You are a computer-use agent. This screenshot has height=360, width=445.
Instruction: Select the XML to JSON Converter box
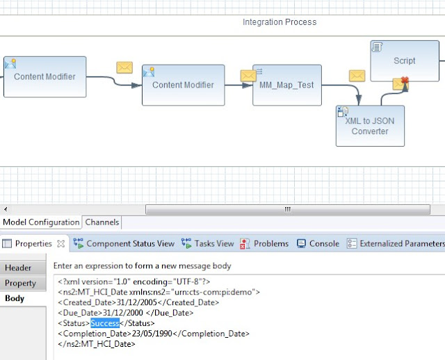(369, 126)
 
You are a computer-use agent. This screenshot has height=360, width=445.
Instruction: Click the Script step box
(404, 60)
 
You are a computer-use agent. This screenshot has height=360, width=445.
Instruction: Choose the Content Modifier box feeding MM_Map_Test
(183, 85)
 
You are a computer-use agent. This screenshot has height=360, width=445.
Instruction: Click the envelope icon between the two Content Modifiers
(124, 67)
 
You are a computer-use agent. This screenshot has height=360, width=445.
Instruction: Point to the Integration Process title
(279, 22)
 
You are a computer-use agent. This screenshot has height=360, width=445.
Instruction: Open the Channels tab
(102, 222)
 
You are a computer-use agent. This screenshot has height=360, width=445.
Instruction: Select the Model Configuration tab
(41, 222)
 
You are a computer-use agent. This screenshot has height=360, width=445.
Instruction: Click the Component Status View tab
(124, 243)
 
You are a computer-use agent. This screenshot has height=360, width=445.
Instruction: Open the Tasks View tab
(208, 243)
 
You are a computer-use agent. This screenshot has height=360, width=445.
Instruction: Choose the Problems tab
(264, 243)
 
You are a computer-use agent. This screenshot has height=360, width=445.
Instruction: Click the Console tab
(318, 243)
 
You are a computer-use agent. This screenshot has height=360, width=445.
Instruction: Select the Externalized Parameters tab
(396, 243)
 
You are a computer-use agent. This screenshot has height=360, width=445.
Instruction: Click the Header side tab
(19, 268)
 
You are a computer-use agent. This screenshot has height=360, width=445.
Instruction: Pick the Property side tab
(21, 284)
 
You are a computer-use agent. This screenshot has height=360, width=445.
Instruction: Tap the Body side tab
(15, 299)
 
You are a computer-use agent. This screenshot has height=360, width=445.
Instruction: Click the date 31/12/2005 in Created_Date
(141, 302)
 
